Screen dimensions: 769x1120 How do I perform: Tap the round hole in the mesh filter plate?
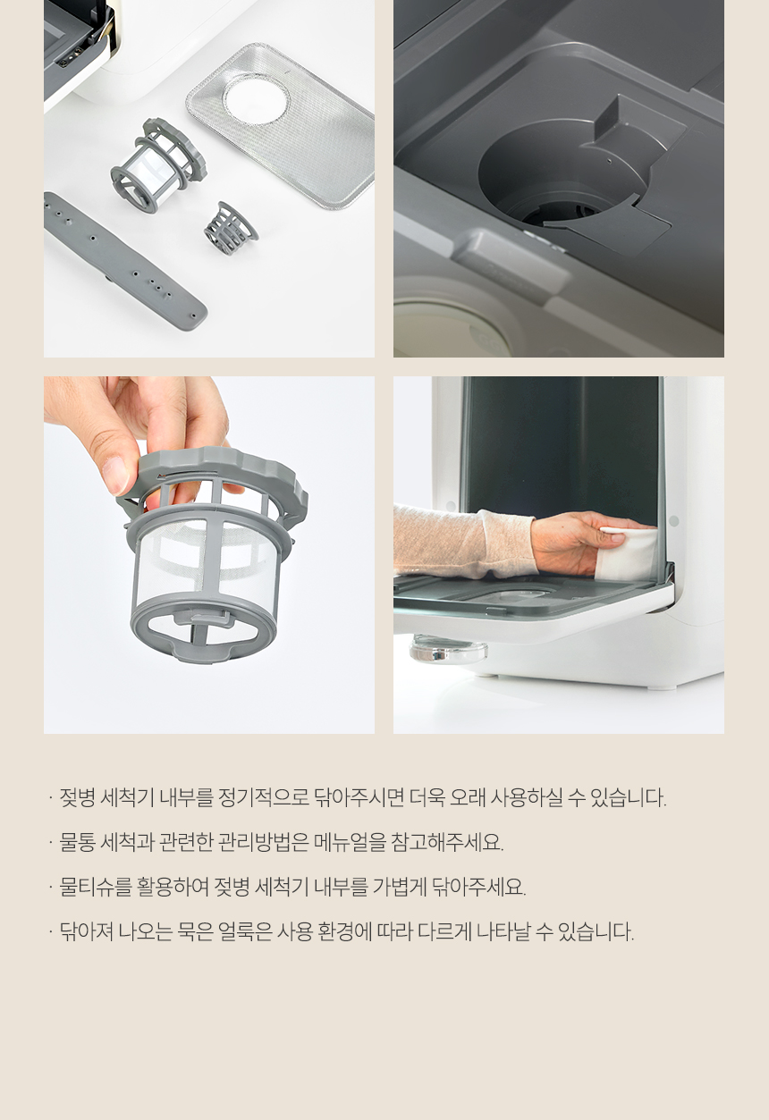256,98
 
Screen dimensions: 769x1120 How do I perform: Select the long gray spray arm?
125,260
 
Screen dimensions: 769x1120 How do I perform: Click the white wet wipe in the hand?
630,552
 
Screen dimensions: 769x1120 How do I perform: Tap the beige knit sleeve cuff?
505,543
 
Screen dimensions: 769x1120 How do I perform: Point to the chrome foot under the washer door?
448,649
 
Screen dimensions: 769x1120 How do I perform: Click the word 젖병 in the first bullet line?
78,797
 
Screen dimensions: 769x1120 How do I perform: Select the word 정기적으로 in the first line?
264,797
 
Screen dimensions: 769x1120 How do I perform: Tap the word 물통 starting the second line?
78,843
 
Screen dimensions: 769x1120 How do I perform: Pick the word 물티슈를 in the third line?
96,887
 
